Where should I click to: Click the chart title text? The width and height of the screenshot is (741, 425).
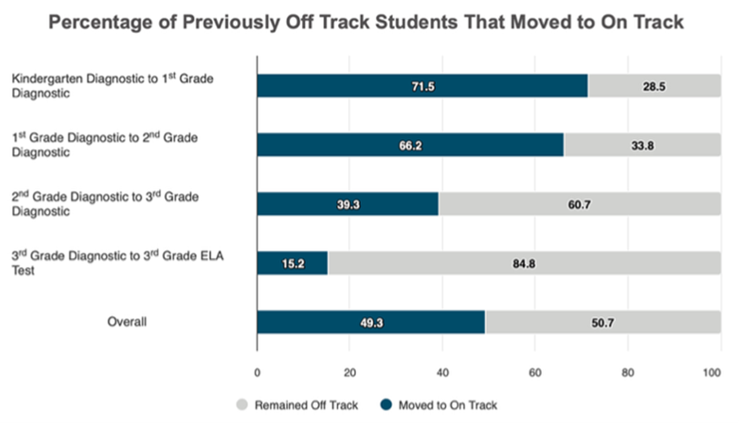point(366,22)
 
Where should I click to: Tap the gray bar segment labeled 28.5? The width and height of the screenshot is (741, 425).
point(654,86)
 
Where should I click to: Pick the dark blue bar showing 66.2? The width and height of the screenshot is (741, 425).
point(410,145)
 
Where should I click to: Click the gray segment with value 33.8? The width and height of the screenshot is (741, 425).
point(642,145)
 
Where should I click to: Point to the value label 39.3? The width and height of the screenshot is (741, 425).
point(348,204)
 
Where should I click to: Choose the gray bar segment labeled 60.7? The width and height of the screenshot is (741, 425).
point(579,204)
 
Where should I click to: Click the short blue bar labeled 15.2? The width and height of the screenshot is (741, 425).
point(292,263)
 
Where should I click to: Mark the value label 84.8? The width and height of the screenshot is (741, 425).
point(524,264)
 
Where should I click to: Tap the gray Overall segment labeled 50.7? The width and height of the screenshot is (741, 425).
point(602,322)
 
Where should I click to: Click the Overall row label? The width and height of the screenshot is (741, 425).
point(127,322)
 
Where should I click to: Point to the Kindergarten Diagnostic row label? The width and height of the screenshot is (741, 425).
point(112,85)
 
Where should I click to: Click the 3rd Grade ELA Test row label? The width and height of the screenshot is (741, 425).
point(118,263)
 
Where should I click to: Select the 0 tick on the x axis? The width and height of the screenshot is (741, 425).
point(257,372)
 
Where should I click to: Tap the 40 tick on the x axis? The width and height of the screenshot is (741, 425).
point(442,372)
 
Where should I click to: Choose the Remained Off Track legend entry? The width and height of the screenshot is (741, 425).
point(306,406)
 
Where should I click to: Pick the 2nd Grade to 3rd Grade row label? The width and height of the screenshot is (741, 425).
point(106,204)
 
